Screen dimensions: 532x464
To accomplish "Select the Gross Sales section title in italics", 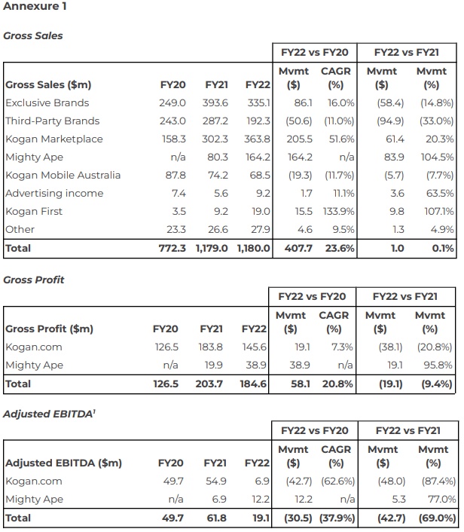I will click(33, 35).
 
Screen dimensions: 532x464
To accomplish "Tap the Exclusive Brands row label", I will click(47, 102).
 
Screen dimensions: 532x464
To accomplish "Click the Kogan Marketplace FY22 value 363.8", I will click(256, 139).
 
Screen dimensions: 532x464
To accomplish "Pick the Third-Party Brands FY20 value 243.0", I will click(172, 121).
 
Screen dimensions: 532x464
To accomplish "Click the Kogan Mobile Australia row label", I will click(63, 175).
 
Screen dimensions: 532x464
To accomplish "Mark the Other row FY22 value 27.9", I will click(258, 229).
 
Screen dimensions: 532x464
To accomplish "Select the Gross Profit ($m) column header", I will click(50, 329).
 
